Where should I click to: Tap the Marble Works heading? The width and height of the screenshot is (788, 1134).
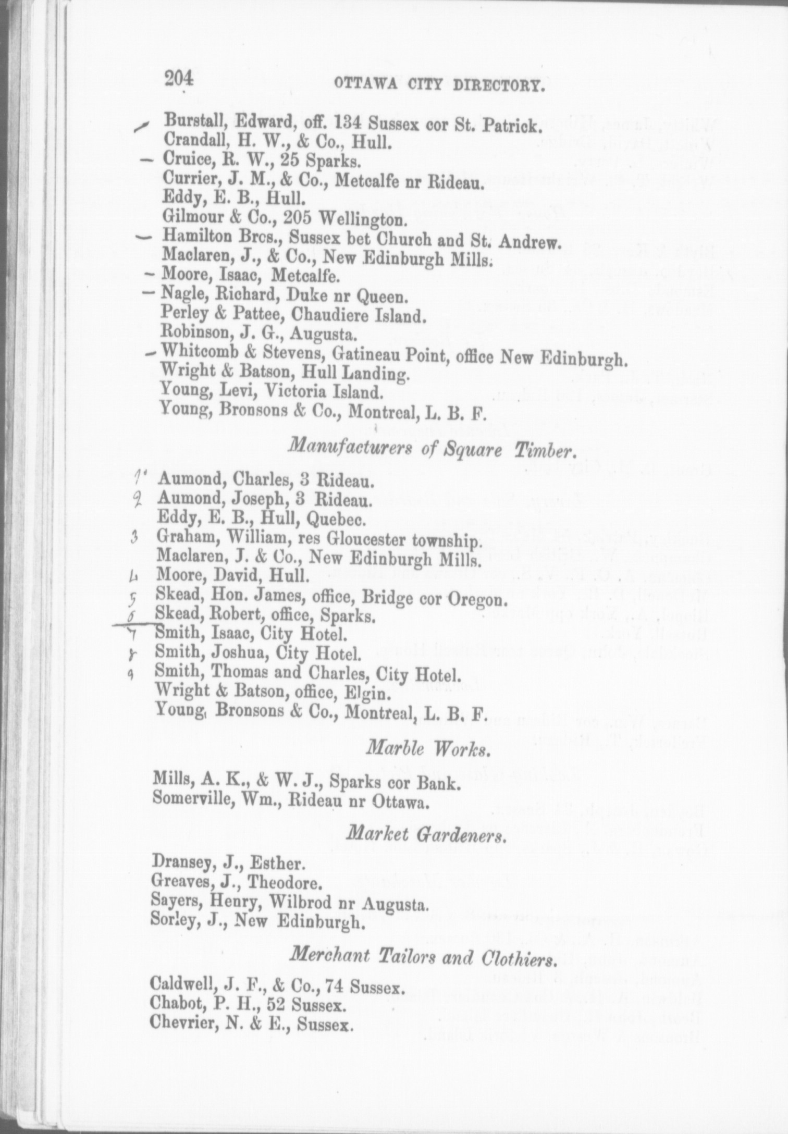tap(428, 749)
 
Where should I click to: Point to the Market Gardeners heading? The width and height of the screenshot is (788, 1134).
tap(426, 835)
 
